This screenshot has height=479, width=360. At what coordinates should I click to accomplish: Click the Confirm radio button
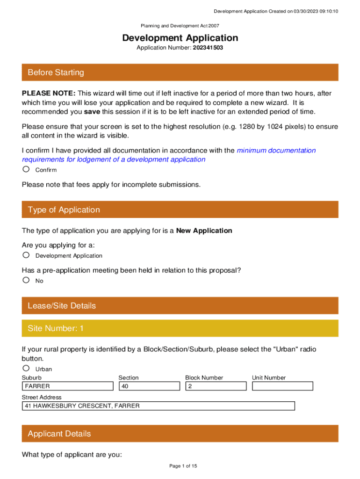26,169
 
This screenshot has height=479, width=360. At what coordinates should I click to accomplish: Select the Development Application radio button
26,255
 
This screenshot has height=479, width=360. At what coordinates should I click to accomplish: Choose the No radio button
26,280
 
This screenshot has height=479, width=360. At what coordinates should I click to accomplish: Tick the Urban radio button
26,368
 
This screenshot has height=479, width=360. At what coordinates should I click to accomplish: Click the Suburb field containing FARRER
68,386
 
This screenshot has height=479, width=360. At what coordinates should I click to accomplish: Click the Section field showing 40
149,386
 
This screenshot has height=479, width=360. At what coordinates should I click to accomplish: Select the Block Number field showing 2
216,386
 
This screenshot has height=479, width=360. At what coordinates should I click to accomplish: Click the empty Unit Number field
282,386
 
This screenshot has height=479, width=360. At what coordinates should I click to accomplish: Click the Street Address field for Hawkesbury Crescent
158,406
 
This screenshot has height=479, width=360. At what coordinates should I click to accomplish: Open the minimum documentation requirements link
276,151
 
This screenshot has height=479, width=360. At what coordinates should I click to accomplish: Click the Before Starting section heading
56,73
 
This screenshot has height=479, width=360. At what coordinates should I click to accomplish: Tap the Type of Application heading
64,210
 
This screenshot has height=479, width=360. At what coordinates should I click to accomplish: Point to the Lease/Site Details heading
62,306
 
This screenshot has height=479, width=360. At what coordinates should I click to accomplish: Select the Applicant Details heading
59,434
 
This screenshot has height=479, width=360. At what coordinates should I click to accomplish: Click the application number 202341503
208,48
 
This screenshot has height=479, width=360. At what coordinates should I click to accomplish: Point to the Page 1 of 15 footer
180,466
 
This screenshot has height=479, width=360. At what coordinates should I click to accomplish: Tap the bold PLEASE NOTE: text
49,94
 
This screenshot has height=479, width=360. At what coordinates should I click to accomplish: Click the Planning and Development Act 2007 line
180,26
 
